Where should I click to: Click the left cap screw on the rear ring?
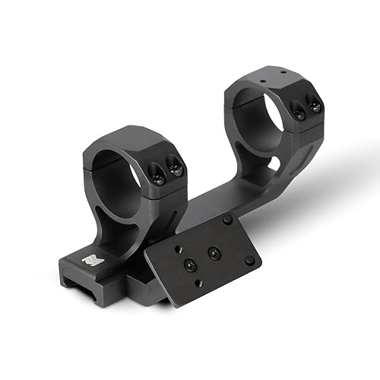[x=297, y=111]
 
